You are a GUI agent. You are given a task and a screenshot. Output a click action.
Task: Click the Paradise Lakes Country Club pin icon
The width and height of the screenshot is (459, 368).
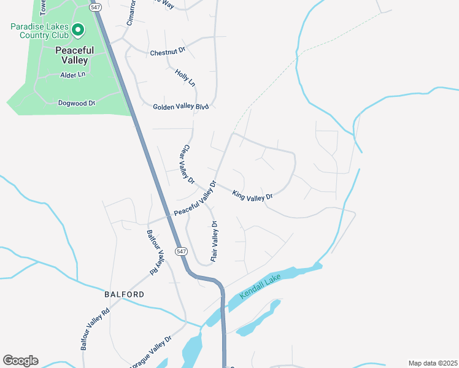coord(78,29)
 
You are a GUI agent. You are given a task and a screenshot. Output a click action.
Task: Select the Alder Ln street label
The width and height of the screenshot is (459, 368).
coord(72,75)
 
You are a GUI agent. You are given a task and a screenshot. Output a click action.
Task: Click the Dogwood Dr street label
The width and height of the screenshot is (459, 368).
coord(77,103)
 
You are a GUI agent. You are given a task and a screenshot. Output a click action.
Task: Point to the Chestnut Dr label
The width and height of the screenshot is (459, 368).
coord(168,53)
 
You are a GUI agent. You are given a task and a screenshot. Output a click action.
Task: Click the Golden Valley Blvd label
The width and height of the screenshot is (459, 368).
coord(181,107)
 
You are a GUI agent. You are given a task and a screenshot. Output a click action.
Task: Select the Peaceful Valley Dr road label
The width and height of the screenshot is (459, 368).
coord(195,198)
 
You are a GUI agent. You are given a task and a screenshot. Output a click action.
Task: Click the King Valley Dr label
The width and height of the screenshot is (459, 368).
coord(252,195)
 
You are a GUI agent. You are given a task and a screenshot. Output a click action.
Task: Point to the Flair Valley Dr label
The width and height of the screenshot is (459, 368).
coord(215,242)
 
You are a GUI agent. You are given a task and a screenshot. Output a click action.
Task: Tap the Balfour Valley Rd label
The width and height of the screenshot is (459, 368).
coord(155,251)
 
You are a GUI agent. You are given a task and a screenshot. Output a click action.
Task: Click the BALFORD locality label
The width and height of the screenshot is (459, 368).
coord(124,294)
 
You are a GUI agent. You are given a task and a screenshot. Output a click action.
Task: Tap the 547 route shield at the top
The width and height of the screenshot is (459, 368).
coord(94,7)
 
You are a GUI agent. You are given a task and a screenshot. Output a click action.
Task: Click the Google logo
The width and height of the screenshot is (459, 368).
coord(20,361)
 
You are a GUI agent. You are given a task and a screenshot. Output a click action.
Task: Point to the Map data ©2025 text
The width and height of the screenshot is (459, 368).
coord(432,363)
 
